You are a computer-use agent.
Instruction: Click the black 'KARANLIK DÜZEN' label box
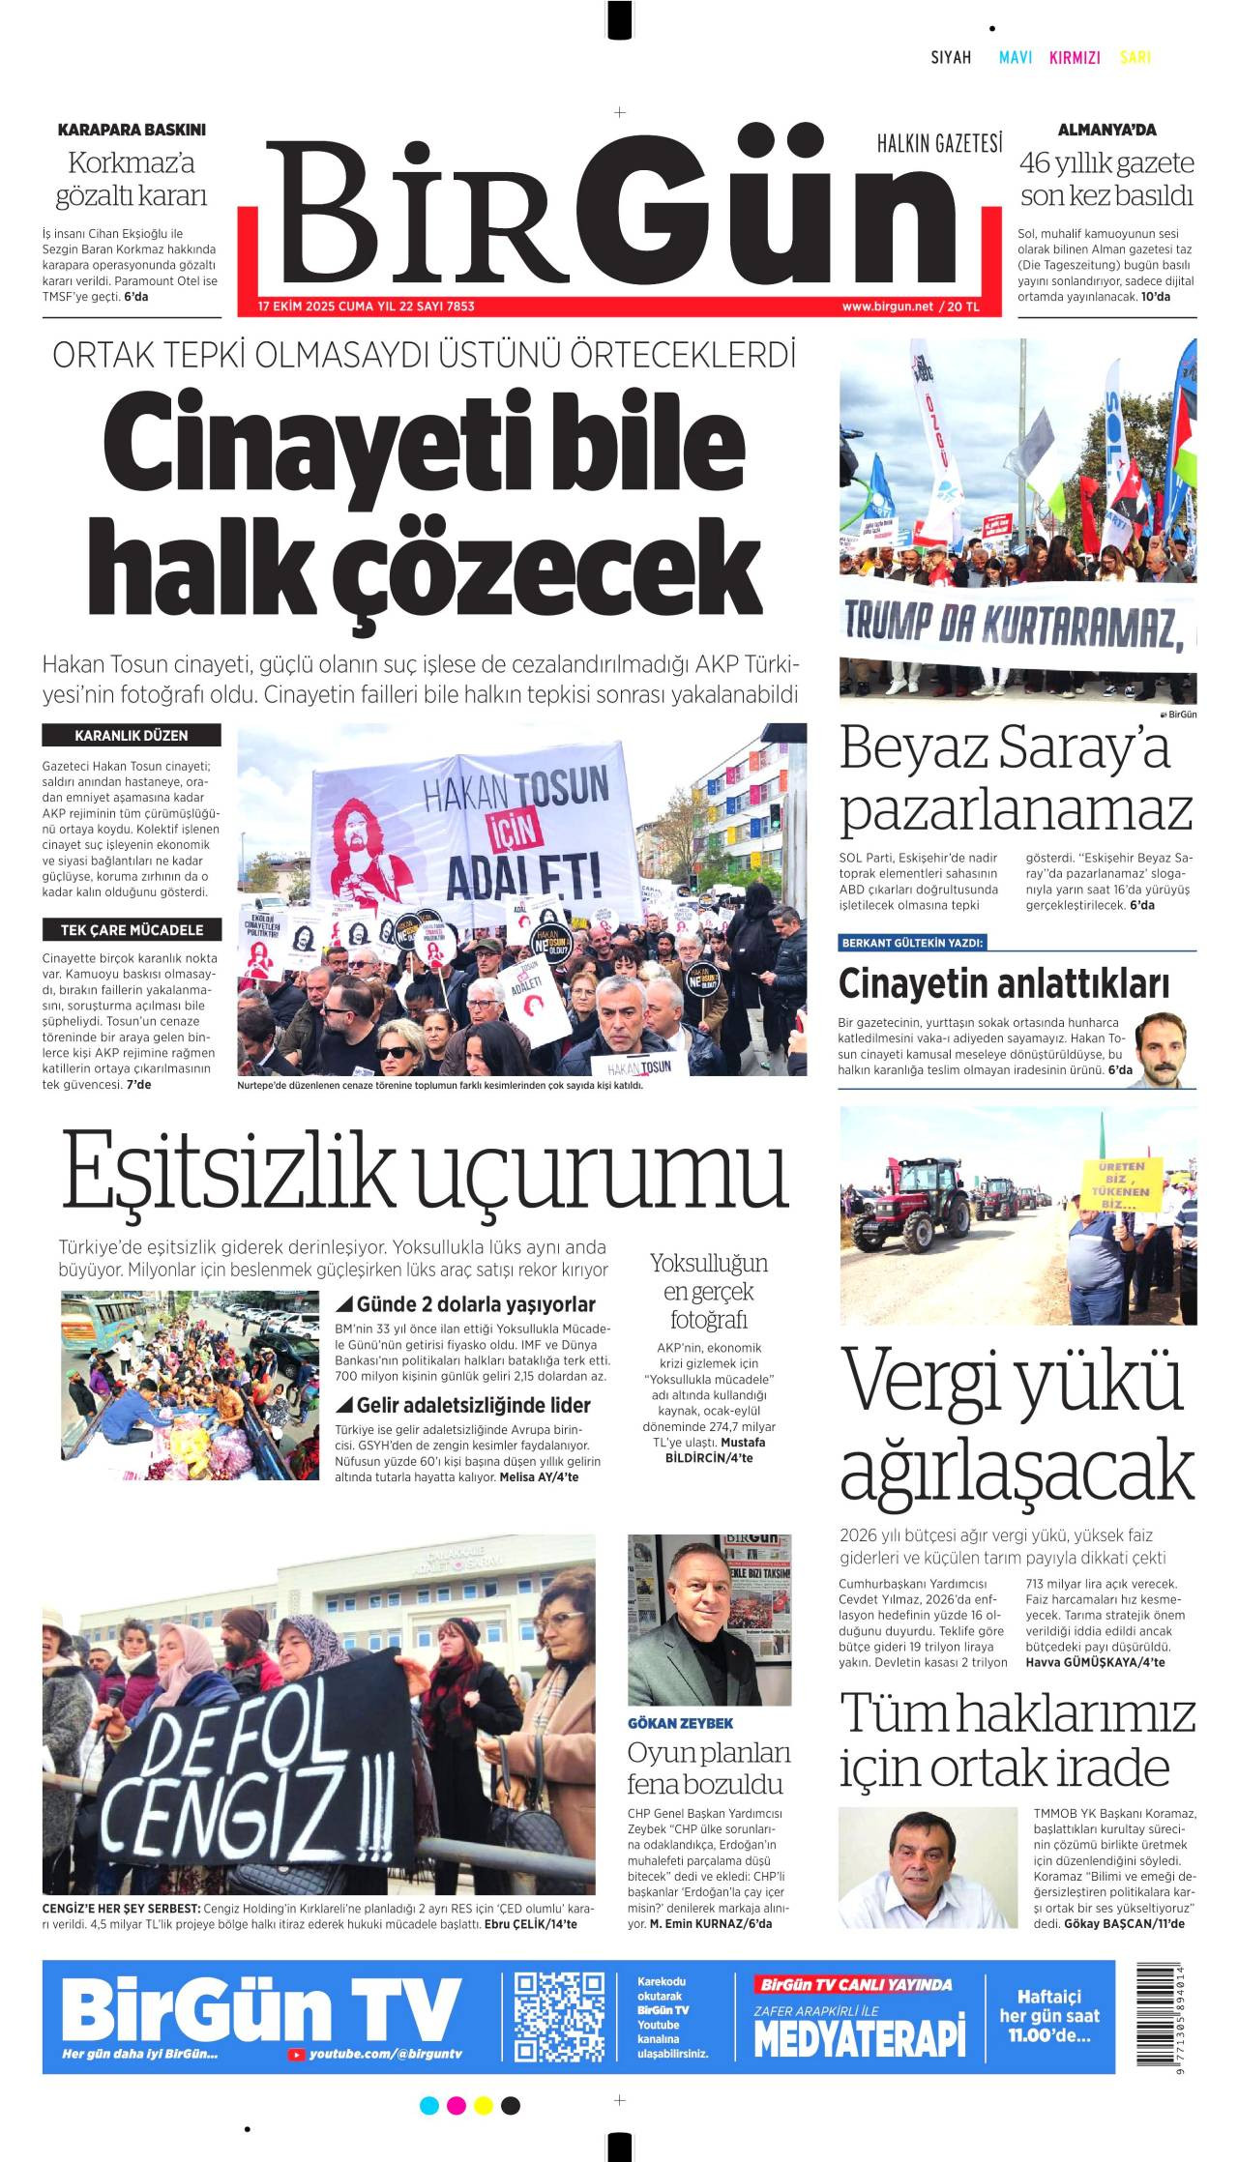(132, 736)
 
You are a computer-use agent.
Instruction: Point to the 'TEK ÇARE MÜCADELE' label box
(132, 930)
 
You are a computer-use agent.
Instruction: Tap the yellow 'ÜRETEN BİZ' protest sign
(1122, 1185)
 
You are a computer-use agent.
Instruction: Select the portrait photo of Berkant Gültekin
(1161, 1050)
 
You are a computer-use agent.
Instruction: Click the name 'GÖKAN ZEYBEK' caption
(680, 1723)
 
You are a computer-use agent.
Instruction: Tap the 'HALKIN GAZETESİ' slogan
(939, 144)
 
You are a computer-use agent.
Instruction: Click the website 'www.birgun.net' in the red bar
(887, 307)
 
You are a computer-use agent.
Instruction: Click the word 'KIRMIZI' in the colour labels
(1075, 58)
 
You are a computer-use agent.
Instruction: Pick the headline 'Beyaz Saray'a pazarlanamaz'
(1016, 778)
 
